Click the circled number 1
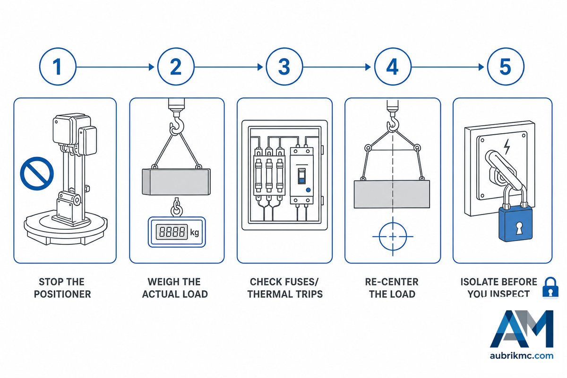tap(58, 67)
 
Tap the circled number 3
tap(284, 67)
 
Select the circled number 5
tap(506, 67)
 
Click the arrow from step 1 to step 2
tap(115, 67)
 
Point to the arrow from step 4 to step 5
tap(447, 67)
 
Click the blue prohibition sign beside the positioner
tap(37, 173)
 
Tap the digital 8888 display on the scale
tap(172, 232)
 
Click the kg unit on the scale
tap(194, 232)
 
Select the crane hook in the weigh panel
tap(176, 125)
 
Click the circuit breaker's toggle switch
tap(301, 176)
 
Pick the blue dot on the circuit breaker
tap(308, 190)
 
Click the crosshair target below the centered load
tap(393, 237)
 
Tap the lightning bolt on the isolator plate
tap(507, 146)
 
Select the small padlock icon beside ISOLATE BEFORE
tap(550, 288)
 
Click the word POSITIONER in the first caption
tap(62, 294)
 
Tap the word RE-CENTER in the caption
tap(392, 282)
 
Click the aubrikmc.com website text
tap(522, 356)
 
